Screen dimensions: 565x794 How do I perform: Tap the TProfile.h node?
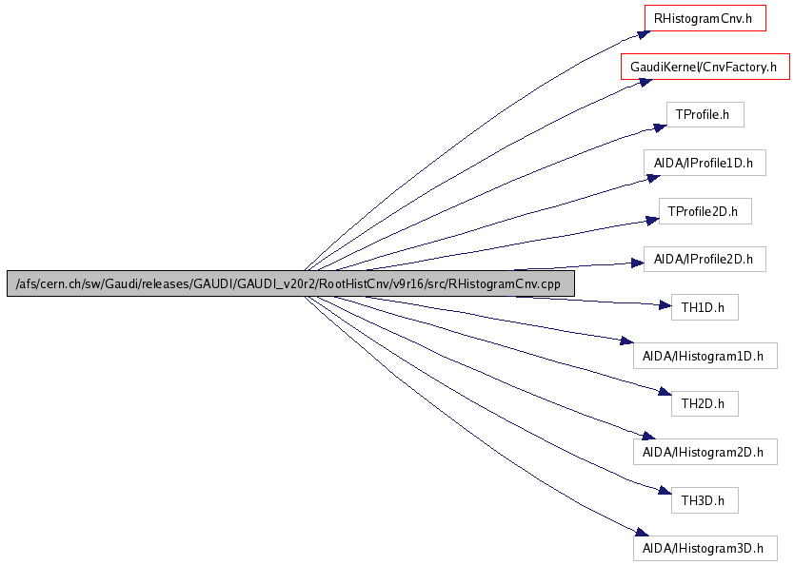(704, 115)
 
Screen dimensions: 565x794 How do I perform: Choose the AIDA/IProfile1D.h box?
(704, 164)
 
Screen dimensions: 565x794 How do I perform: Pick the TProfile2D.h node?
(705, 211)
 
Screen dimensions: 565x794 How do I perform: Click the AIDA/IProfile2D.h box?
(704, 259)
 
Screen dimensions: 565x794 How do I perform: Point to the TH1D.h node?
(704, 307)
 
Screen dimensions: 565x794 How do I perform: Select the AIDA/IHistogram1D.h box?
(705, 356)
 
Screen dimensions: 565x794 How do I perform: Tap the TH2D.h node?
(704, 403)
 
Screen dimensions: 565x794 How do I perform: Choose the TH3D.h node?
(704, 499)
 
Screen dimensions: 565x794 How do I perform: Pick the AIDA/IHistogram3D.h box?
(705, 548)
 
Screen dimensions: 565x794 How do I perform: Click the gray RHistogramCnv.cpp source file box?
(290, 283)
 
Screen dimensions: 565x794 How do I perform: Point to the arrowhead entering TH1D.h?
(665, 306)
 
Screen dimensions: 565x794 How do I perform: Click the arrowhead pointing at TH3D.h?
(665, 491)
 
